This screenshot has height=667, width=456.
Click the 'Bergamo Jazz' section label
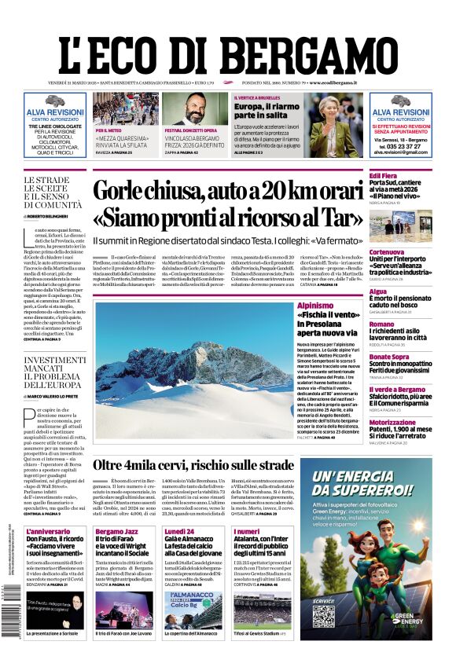(117, 531)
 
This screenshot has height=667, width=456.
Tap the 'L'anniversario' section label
(48, 531)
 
